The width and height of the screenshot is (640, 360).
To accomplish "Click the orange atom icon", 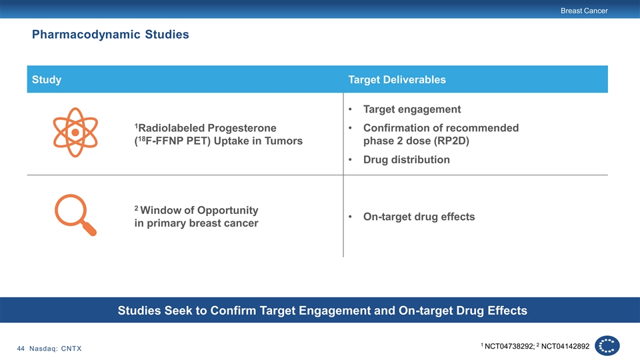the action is (x=75, y=132).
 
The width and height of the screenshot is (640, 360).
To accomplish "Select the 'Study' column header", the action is (x=47, y=79).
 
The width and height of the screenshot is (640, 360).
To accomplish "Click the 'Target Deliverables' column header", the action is (x=397, y=79).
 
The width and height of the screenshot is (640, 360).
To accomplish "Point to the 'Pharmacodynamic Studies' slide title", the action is (x=110, y=34).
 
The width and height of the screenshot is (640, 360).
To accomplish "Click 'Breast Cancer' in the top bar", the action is (x=584, y=11).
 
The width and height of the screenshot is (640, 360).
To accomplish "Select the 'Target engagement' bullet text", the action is (x=412, y=109).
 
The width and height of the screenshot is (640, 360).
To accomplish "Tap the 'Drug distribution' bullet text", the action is (x=407, y=159).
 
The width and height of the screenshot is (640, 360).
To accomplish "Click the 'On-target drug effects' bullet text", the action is (x=419, y=217).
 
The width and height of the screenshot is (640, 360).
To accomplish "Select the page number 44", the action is (x=21, y=349).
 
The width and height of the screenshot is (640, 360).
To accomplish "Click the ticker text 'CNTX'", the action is (x=71, y=349).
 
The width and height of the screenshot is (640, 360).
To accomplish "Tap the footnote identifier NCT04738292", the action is (x=509, y=347).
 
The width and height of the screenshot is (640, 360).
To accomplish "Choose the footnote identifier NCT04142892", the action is (x=565, y=347).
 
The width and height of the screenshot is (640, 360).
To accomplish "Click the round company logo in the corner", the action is (x=607, y=346).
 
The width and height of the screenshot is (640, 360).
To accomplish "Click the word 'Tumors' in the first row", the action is (x=283, y=141).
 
